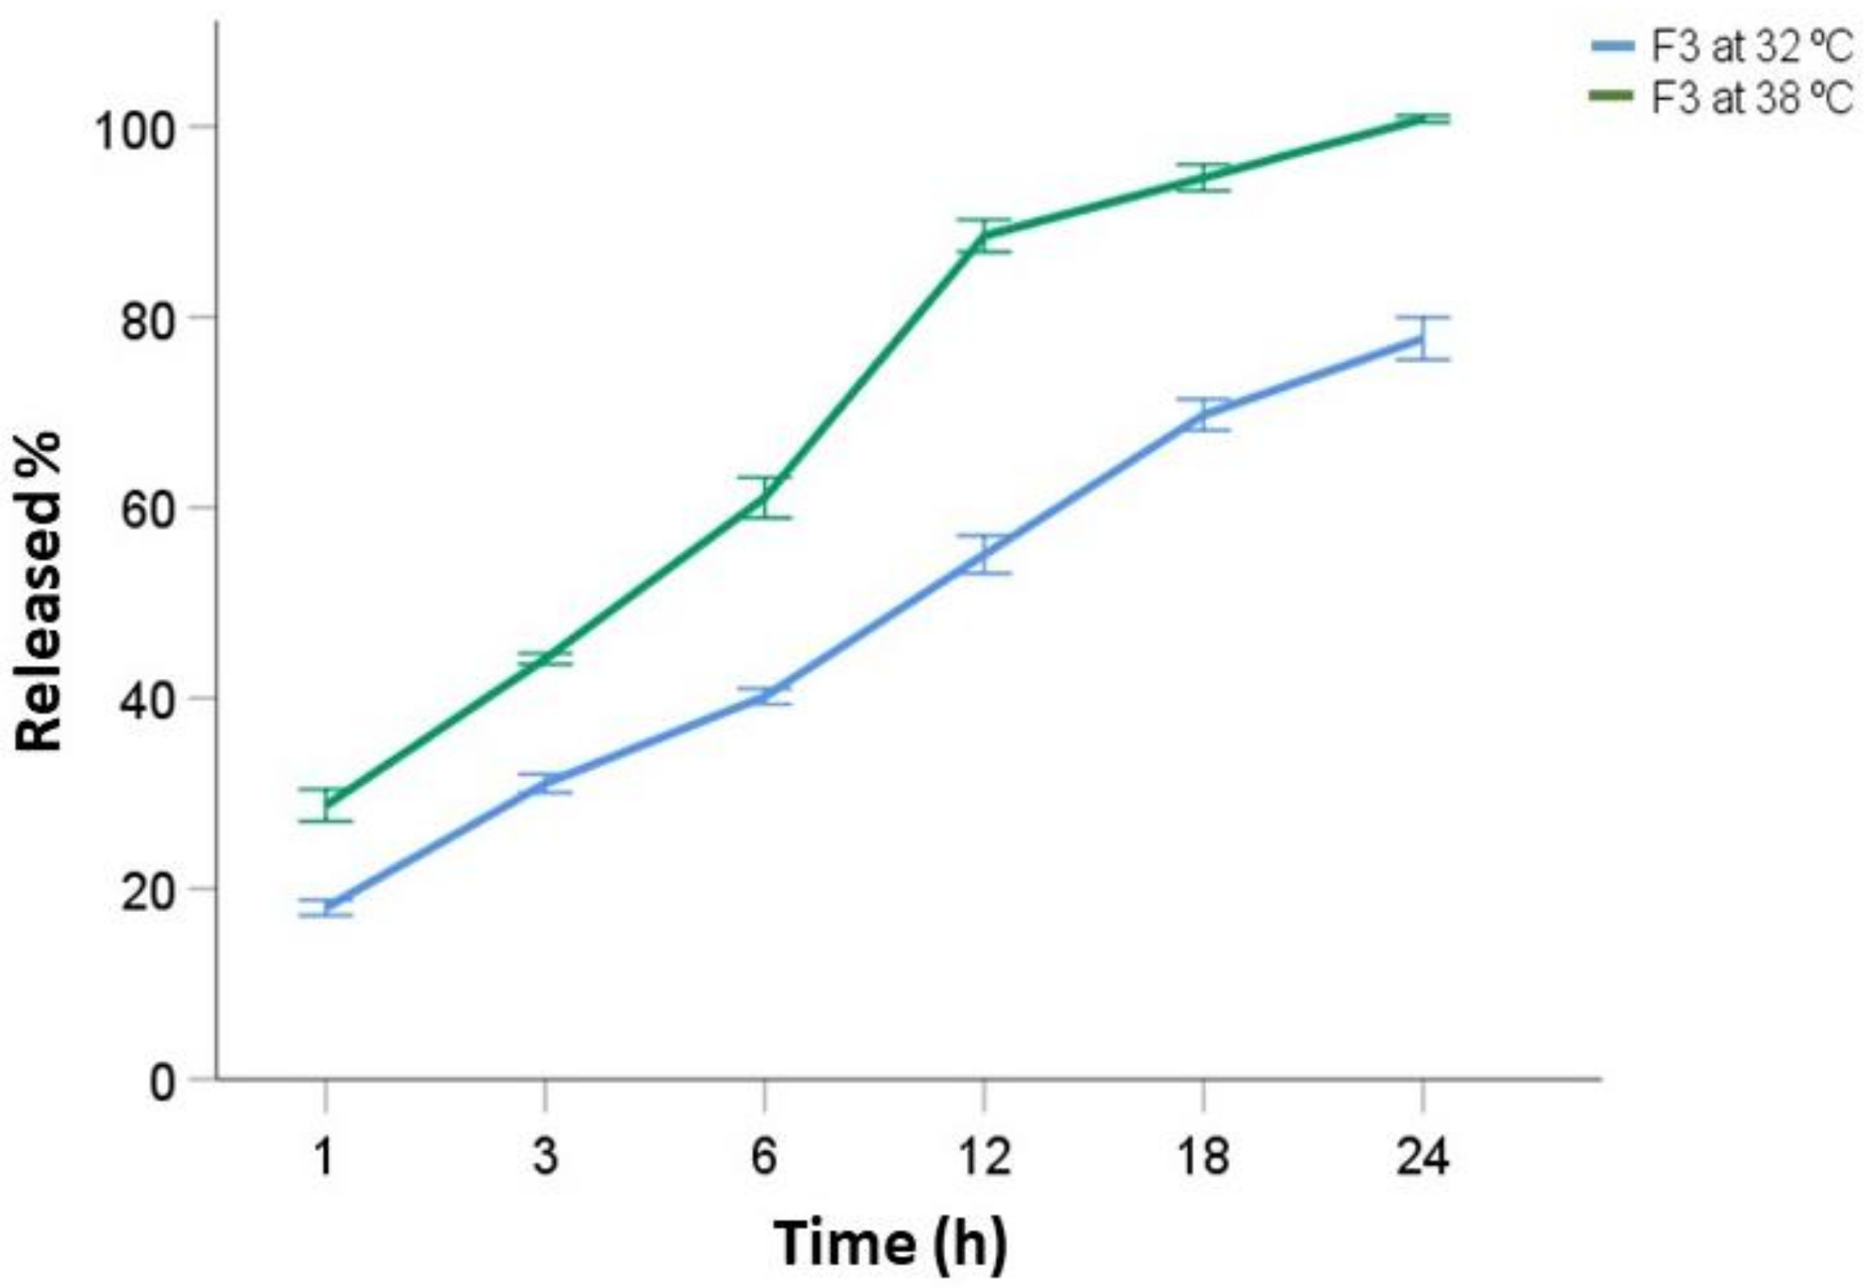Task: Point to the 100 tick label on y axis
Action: coord(135,129)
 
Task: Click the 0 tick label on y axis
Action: coord(162,1082)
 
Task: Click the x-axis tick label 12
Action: coord(984,1157)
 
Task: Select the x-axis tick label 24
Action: coord(1423,1157)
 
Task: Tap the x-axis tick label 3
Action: coord(545,1157)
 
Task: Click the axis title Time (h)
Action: coord(890,1243)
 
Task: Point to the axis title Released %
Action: coord(39,591)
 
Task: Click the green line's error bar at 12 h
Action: coord(984,236)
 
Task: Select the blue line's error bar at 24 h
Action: coord(1423,338)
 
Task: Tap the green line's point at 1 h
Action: coord(325,804)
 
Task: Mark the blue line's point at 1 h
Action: coord(325,907)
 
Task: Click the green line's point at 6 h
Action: coord(764,497)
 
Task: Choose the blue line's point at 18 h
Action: coord(1203,414)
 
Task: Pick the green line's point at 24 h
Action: coord(1423,120)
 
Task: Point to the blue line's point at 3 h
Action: coord(545,783)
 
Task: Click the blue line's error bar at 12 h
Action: coord(984,554)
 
